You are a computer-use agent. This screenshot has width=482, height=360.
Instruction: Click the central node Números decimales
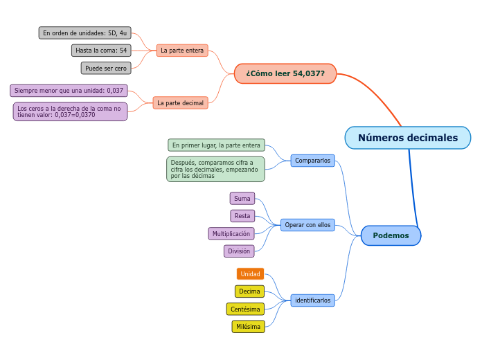(408, 138)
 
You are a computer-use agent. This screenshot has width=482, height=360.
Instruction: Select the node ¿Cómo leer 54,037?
(285, 73)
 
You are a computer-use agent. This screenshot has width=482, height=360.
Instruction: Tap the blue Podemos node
(391, 235)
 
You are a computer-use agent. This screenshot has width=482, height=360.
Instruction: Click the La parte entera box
(182, 51)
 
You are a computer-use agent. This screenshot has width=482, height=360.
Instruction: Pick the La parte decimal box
(180, 102)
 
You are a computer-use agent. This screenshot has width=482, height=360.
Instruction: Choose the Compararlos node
(312, 161)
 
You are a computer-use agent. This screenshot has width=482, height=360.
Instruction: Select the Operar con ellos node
(307, 225)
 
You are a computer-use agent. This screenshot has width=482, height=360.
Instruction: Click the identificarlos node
(312, 300)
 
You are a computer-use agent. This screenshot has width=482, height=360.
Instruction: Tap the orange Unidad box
(250, 273)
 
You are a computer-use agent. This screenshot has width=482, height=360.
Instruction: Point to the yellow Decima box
(249, 291)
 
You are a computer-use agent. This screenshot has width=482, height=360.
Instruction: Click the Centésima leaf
(245, 309)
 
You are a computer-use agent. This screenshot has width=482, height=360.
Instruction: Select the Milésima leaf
(248, 326)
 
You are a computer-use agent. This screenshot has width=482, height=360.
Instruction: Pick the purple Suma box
(242, 199)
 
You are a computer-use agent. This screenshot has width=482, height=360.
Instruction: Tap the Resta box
(242, 216)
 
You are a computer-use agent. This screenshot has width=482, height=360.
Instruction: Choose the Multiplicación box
(231, 234)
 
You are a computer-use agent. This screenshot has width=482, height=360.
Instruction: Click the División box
(239, 251)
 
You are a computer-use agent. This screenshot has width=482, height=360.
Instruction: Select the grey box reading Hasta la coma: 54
(101, 51)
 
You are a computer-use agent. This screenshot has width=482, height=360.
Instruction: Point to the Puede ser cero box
(106, 69)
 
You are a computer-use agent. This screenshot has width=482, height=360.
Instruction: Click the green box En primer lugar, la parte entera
(216, 145)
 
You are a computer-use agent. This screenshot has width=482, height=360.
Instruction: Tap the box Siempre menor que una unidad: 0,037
(69, 91)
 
